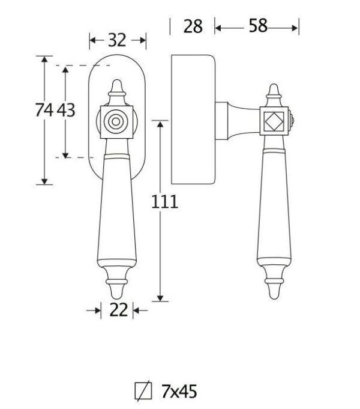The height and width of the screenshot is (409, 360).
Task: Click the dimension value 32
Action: point(117,40)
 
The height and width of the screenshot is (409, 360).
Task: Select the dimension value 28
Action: point(193,26)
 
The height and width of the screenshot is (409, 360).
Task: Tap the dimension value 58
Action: point(258,26)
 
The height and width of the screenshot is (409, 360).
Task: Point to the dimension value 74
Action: point(44,110)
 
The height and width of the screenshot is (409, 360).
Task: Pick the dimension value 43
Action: point(66,110)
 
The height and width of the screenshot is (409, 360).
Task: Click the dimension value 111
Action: point(164,202)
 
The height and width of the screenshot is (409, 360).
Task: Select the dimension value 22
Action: point(119,310)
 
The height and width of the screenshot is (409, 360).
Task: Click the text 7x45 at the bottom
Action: point(179,392)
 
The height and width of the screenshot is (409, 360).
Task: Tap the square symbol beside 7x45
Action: point(143,391)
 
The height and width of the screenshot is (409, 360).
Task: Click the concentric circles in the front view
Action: point(116,122)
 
